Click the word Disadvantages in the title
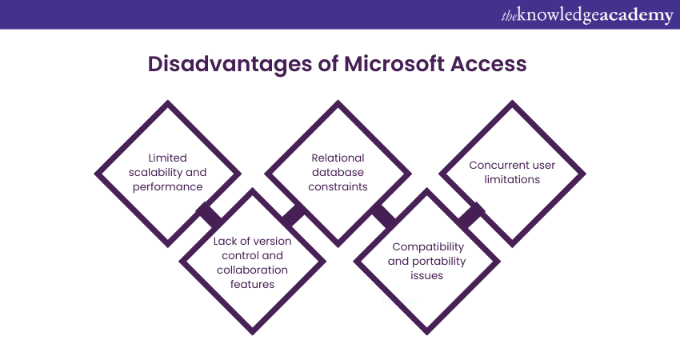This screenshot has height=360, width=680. click(x=230, y=65)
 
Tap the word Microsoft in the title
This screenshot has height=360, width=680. click(x=394, y=64)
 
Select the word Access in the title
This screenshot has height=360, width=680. click(x=488, y=64)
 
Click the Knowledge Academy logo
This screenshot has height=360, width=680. click(x=587, y=15)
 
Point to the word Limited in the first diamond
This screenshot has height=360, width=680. click(x=167, y=158)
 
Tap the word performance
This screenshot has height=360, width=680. click(x=167, y=187)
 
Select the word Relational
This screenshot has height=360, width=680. click(x=338, y=158)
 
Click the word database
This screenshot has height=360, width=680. click(x=338, y=172)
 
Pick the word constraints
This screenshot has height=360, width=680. click(x=338, y=186)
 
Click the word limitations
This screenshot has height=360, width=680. click(x=512, y=179)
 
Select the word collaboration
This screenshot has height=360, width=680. click(x=252, y=270)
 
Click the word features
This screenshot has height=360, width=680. click(x=252, y=284)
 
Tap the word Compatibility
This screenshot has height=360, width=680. click(x=428, y=247)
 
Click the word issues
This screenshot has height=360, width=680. click(x=426, y=275)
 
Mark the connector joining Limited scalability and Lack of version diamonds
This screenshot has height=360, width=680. click(x=210, y=215)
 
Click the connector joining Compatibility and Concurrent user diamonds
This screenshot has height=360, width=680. click(x=471, y=215)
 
